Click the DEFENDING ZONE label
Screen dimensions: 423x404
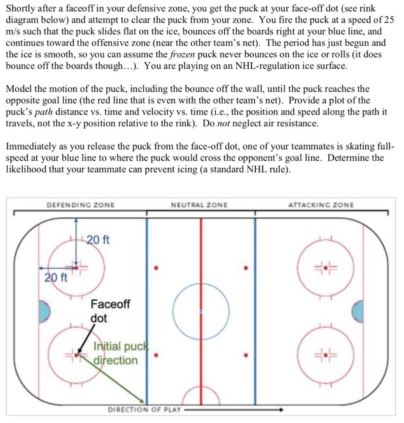81,205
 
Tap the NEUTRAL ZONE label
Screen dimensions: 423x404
199,205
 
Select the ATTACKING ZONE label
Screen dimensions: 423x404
321,205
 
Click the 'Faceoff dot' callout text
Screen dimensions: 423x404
109,311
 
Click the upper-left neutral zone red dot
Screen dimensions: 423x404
156,268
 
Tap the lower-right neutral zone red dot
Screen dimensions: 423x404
246,354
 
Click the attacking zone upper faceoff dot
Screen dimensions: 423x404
326,268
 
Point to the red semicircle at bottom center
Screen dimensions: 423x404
201,397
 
